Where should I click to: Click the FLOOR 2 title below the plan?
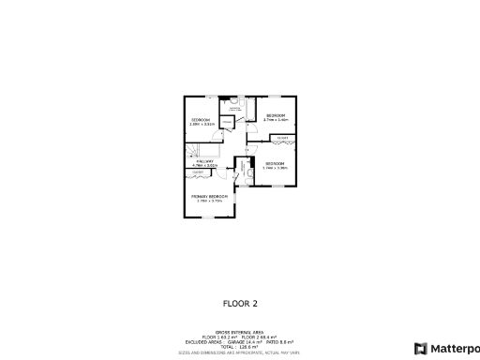point(239,303)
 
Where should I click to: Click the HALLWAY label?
point(205,161)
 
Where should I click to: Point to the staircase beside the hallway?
point(194,151)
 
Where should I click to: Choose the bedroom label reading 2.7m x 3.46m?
point(275,115)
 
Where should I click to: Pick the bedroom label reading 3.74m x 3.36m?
point(276,164)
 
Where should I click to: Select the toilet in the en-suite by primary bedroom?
point(248,172)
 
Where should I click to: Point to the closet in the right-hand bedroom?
point(281,139)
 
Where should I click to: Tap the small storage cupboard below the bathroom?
point(227,120)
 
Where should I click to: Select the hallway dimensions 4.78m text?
point(205,166)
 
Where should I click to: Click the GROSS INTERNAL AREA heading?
point(239,333)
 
